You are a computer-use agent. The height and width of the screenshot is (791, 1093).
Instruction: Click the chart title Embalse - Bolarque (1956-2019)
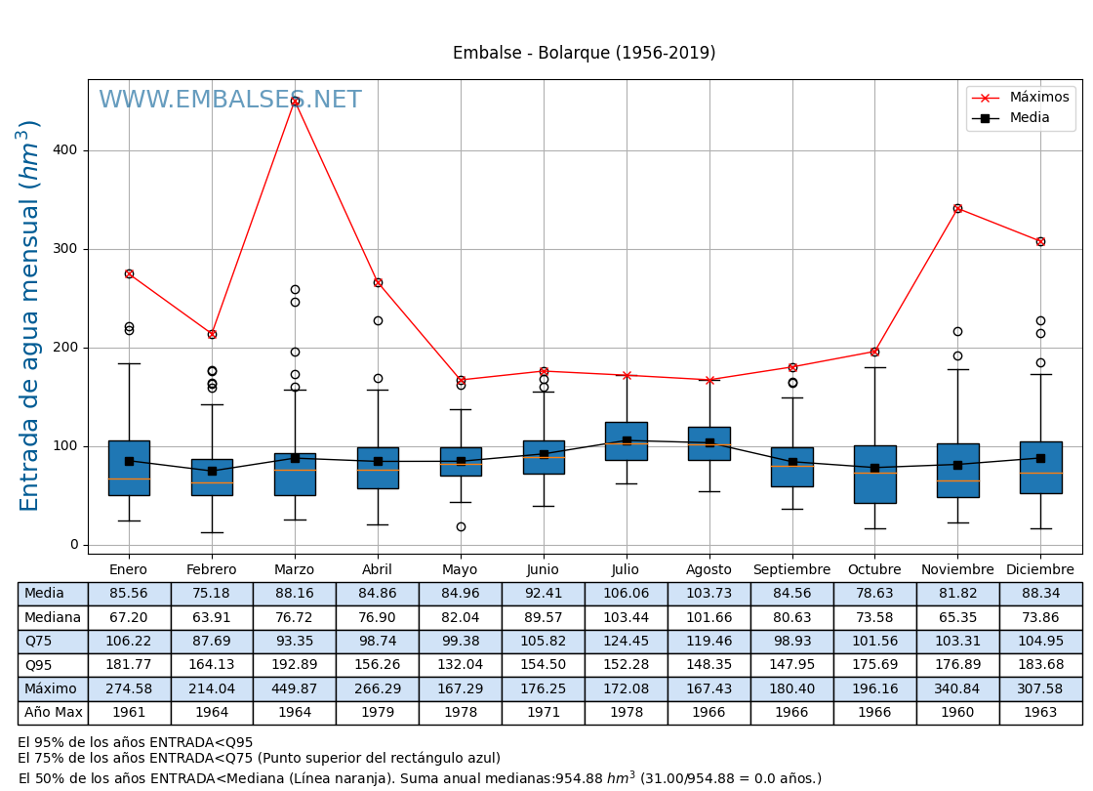click(x=584, y=54)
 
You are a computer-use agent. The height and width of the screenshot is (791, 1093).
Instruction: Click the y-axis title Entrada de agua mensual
click(x=29, y=315)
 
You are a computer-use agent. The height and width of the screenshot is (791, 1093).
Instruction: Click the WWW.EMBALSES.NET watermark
click(x=229, y=101)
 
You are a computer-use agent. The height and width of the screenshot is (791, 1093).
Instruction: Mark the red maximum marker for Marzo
click(x=295, y=101)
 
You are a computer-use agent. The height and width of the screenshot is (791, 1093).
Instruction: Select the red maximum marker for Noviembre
click(x=957, y=208)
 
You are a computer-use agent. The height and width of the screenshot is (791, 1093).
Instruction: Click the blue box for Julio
click(x=626, y=440)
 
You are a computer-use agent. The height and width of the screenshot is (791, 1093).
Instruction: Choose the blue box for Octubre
click(x=874, y=475)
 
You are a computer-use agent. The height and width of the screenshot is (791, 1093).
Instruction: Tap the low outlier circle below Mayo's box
click(x=461, y=526)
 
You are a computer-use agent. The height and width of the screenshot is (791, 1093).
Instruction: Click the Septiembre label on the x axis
click(x=791, y=570)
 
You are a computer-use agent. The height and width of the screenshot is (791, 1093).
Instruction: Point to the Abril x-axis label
click(x=378, y=570)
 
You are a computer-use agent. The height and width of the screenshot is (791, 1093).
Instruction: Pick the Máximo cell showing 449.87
click(x=295, y=689)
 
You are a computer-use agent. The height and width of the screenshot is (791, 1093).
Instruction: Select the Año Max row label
click(x=53, y=713)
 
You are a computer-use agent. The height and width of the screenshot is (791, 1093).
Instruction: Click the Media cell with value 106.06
click(x=626, y=594)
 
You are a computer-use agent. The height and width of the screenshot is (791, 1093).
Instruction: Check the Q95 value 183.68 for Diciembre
click(x=1040, y=665)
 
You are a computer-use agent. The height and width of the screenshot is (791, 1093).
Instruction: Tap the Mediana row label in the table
click(x=53, y=617)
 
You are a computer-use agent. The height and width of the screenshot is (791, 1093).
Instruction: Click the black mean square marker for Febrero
click(x=212, y=471)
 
